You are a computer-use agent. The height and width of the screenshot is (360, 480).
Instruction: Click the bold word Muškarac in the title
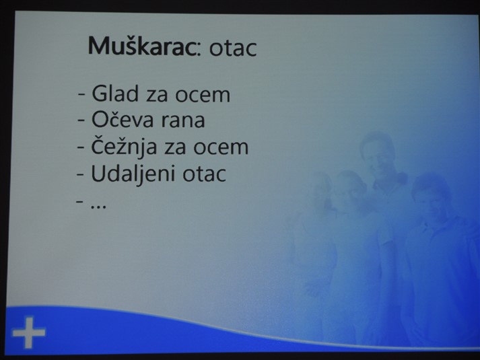(142, 46)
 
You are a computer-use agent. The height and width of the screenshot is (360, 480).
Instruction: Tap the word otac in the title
(233, 48)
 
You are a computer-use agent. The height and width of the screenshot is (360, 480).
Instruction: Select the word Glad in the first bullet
(115, 94)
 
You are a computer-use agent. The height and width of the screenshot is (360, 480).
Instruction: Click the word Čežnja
(124, 147)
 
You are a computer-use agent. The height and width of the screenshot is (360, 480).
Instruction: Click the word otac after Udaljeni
(204, 174)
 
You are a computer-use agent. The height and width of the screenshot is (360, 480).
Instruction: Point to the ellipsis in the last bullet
(98, 207)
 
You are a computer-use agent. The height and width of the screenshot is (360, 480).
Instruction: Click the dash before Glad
(81, 94)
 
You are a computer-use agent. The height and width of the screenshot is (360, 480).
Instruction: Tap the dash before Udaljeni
(80, 176)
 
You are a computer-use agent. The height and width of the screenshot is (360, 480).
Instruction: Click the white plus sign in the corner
(29, 332)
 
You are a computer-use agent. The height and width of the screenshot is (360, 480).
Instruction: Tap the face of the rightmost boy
(431, 199)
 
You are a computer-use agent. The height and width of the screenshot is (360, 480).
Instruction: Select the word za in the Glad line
(157, 96)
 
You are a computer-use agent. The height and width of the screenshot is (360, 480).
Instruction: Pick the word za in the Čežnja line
(175, 148)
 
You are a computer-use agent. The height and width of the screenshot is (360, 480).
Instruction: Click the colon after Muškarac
(199, 50)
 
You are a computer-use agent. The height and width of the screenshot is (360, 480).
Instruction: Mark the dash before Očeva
(81, 121)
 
